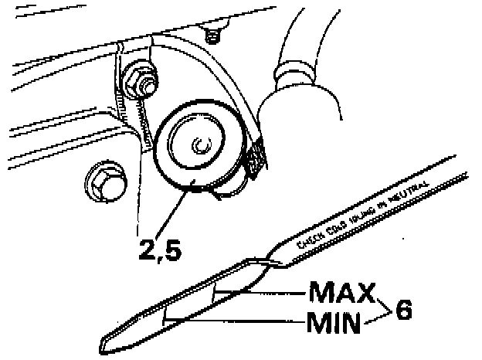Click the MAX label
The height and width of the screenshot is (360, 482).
[341, 294]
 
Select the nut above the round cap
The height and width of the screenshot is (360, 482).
[140, 79]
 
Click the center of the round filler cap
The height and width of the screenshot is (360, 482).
[199, 144]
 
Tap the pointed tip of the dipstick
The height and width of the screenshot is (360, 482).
[107, 343]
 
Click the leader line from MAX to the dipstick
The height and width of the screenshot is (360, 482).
[270, 293]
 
